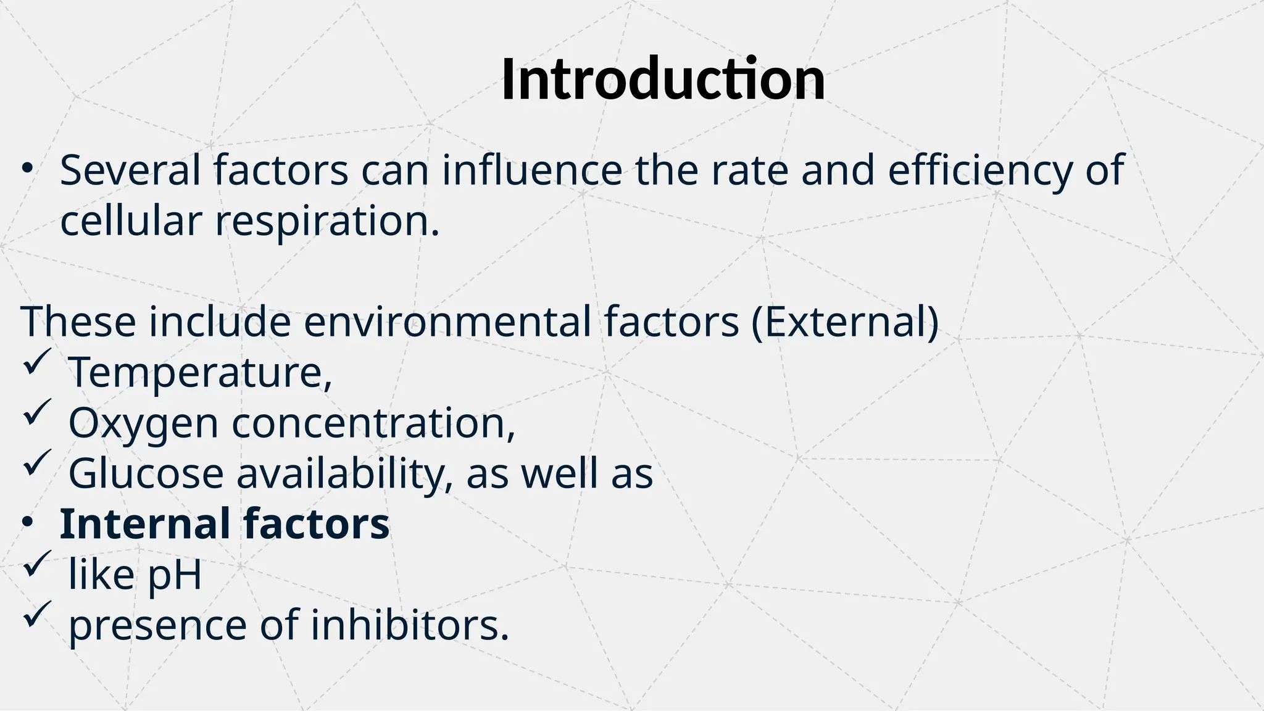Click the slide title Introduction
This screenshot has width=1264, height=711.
[x=663, y=80]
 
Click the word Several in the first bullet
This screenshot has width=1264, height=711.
[x=130, y=170]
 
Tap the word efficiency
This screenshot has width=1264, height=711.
[x=980, y=170]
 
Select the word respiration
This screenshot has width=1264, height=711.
[x=327, y=222]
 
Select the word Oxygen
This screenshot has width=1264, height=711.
[x=143, y=423]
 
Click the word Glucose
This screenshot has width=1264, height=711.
[x=146, y=473]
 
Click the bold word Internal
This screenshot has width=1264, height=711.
[x=145, y=524]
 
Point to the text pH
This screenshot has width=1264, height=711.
[x=175, y=575]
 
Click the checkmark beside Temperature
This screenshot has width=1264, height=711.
[x=36, y=362]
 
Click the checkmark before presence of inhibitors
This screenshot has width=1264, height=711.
[x=36, y=615]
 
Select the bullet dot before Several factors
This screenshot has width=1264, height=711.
[x=27, y=168]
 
